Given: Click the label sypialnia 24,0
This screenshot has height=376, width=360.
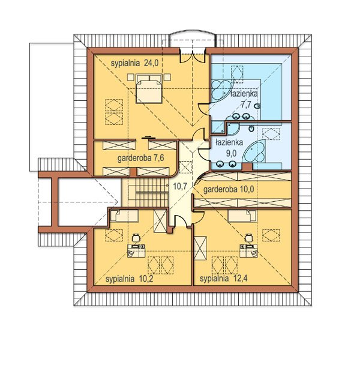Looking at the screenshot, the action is (134, 63).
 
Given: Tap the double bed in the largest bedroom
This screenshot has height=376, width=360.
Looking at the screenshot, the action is (149, 89).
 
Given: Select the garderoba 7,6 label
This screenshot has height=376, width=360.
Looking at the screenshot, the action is (140, 158).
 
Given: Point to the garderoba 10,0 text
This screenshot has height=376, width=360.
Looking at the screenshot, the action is (228, 190).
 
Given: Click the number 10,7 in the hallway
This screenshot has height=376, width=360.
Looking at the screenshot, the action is (180, 186).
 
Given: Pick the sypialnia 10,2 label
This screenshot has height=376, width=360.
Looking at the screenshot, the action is (129, 279).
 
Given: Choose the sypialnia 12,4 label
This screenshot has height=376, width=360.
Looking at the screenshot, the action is (223, 279).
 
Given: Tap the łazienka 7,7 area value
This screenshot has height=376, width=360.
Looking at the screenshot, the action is (246, 105).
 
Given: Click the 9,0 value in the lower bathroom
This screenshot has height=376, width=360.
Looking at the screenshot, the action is (232, 153).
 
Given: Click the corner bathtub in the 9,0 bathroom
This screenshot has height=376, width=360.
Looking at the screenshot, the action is (254, 152).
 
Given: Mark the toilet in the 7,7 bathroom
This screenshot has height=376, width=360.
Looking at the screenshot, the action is (257, 106).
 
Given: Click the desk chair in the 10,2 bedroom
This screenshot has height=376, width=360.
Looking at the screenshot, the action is (136, 237).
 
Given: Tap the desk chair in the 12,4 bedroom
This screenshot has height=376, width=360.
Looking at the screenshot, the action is (248, 238).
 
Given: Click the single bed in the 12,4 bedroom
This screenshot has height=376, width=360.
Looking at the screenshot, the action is (242, 216).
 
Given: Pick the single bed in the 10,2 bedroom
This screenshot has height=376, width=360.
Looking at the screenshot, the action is (125, 216).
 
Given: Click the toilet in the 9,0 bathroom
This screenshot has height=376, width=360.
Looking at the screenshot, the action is (251, 129).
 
